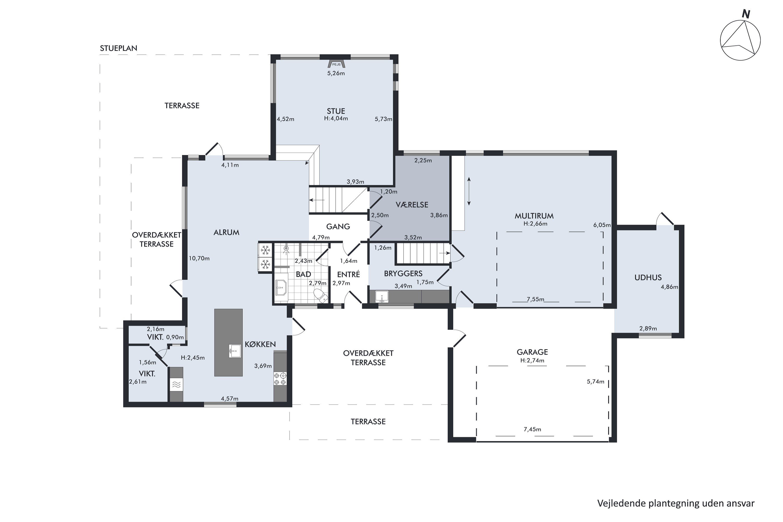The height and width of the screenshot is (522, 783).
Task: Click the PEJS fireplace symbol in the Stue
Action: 336,64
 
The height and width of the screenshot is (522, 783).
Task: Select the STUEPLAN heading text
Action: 118,48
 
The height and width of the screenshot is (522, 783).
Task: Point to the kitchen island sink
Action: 235,351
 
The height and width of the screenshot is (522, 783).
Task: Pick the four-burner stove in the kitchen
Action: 280,379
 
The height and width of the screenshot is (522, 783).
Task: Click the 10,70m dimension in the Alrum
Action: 199,258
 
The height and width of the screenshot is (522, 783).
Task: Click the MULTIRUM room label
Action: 534,216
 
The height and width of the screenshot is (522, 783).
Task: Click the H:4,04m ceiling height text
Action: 336,118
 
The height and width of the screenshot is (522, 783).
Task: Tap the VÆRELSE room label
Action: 412,204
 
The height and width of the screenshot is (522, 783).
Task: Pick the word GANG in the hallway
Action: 338,227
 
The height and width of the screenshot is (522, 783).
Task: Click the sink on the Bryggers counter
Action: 382,296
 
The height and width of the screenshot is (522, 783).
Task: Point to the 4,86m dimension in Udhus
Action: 669,287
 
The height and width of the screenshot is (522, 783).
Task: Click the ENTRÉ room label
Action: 348,274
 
